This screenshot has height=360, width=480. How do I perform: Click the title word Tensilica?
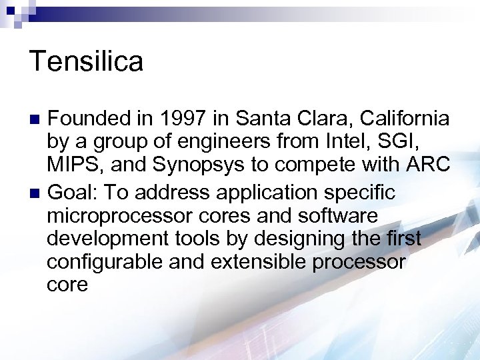pos(87,61)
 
